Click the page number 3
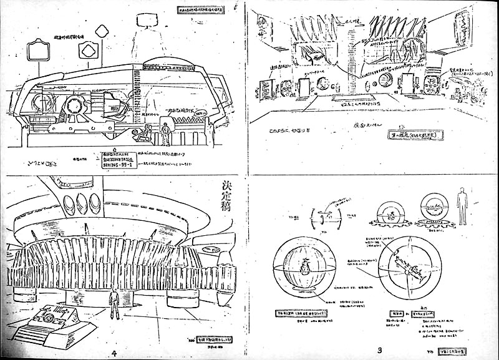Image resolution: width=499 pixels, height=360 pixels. click(x=379, y=350)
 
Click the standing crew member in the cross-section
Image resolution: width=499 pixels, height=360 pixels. click(x=165, y=134)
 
